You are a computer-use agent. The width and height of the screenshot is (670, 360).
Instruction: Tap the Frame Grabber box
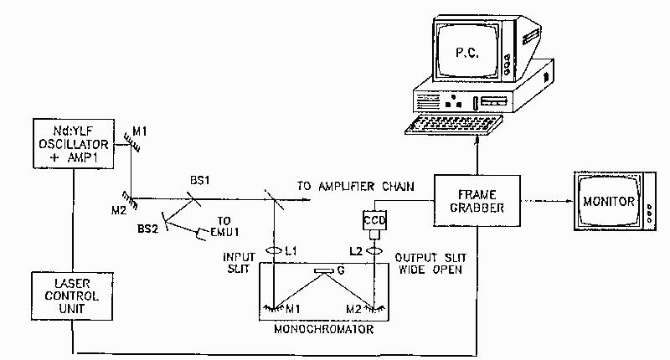tap(472, 202)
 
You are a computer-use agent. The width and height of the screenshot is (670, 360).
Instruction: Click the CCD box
tap(372, 221)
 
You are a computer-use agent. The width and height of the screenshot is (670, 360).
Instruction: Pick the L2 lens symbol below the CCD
tap(372, 250)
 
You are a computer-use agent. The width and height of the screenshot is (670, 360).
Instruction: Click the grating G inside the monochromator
tap(322, 271)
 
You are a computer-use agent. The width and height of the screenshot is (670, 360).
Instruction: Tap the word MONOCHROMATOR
tap(322, 329)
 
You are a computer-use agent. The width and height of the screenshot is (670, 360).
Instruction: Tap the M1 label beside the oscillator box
tap(141, 131)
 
